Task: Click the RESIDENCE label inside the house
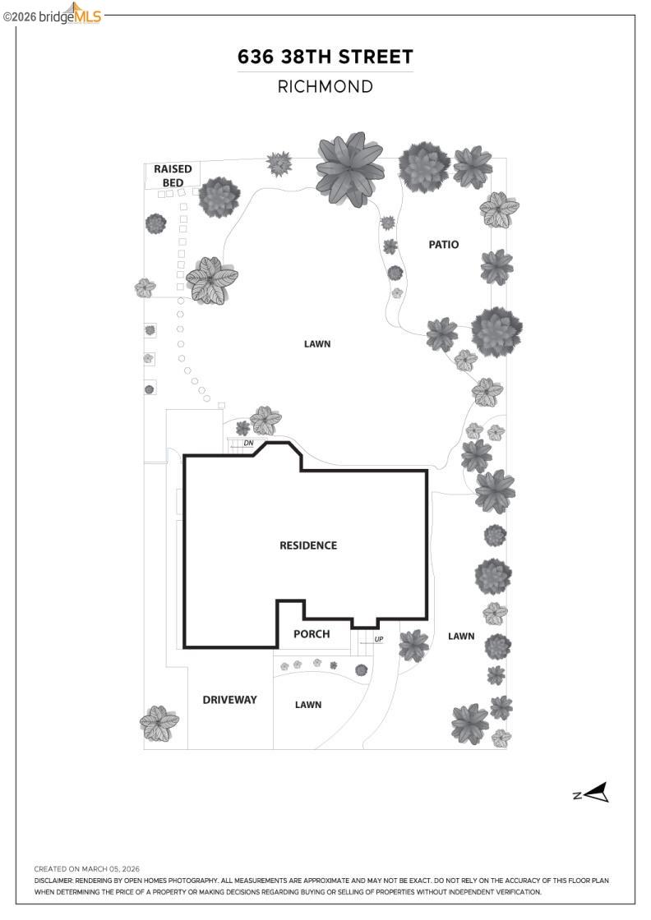click(x=308, y=545)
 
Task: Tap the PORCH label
click(x=312, y=634)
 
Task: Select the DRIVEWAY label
click(x=230, y=700)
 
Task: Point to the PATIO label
click(x=443, y=245)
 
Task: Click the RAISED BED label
click(x=173, y=175)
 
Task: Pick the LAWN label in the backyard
click(x=317, y=344)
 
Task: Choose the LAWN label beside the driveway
click(x=308, y=705)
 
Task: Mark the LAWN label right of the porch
click(x=461, y=636)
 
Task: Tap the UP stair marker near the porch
click(x=379, y=639)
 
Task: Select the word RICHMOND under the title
click(x=325, y=86)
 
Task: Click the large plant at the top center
click(x=350, y=168)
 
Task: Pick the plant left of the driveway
click(x=159, y=723)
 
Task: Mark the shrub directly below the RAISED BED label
click(x=219, y=197)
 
